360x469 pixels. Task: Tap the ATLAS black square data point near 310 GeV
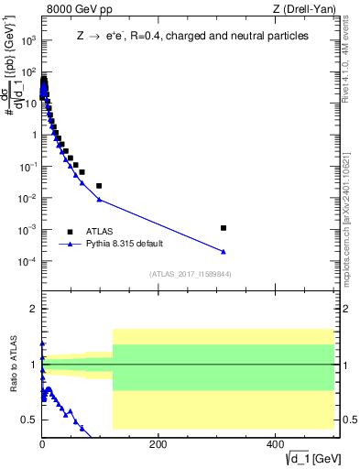(x=224, y=227)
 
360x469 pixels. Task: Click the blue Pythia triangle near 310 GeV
(x=224, y=252)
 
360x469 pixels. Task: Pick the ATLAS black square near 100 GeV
(x=99, y=186)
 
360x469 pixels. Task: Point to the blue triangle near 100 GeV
(x=99, y=199)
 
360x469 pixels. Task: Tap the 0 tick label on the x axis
(x=42, y=443)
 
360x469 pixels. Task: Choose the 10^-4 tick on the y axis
(x=27, y=261)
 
